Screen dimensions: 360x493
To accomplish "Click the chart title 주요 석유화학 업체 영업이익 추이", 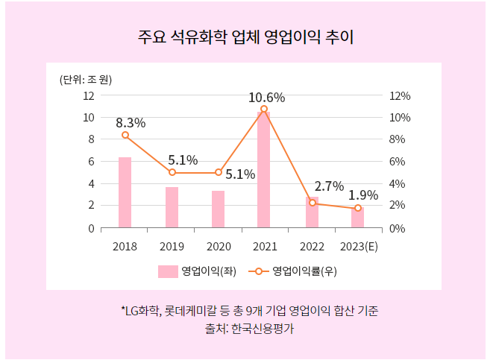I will [246, 37].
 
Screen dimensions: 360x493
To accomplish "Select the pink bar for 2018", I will [125, 192].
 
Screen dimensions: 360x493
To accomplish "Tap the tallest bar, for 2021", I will [263, 170].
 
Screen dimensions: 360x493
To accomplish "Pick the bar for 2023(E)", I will [357, 218].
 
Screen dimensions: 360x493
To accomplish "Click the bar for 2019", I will [172, 207].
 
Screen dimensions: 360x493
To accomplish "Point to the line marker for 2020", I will [219, 172].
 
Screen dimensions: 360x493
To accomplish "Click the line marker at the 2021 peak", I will [264, 110].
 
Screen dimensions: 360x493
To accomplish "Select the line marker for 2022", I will [313, 203].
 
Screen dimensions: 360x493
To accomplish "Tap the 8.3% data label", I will [131, 123].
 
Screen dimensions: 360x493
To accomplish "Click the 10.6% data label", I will [266, 97].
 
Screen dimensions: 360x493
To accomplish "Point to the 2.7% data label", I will [329, 186].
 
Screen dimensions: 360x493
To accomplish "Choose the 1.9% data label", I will [363, 195].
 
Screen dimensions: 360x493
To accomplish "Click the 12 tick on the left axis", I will [89, 95].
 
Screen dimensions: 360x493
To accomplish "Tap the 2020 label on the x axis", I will [219, 247].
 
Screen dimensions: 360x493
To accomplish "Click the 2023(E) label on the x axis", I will [358, 247].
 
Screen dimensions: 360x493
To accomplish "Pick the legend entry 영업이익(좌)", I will [197, 271].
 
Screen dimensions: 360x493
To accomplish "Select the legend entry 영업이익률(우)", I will [295, 271].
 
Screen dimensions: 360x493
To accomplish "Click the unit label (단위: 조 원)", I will [85, 79].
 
